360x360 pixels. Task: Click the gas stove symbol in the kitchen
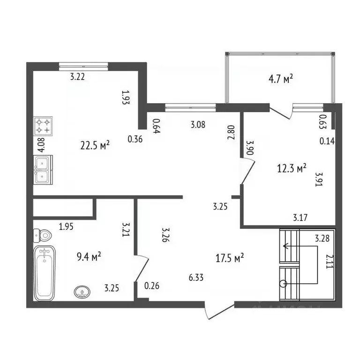[43, 126]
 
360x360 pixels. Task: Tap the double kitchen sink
[43, 169]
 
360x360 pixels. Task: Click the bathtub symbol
[45, 274]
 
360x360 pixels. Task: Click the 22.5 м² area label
[95, 145]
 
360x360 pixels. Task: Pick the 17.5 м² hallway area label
[229, 257]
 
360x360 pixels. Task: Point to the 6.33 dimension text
[196, 278]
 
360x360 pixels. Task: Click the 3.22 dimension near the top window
[77, 78]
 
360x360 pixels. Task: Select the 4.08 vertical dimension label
[41, 144]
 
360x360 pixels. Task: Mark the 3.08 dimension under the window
[198, 125]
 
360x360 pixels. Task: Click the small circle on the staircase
[283, 283]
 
